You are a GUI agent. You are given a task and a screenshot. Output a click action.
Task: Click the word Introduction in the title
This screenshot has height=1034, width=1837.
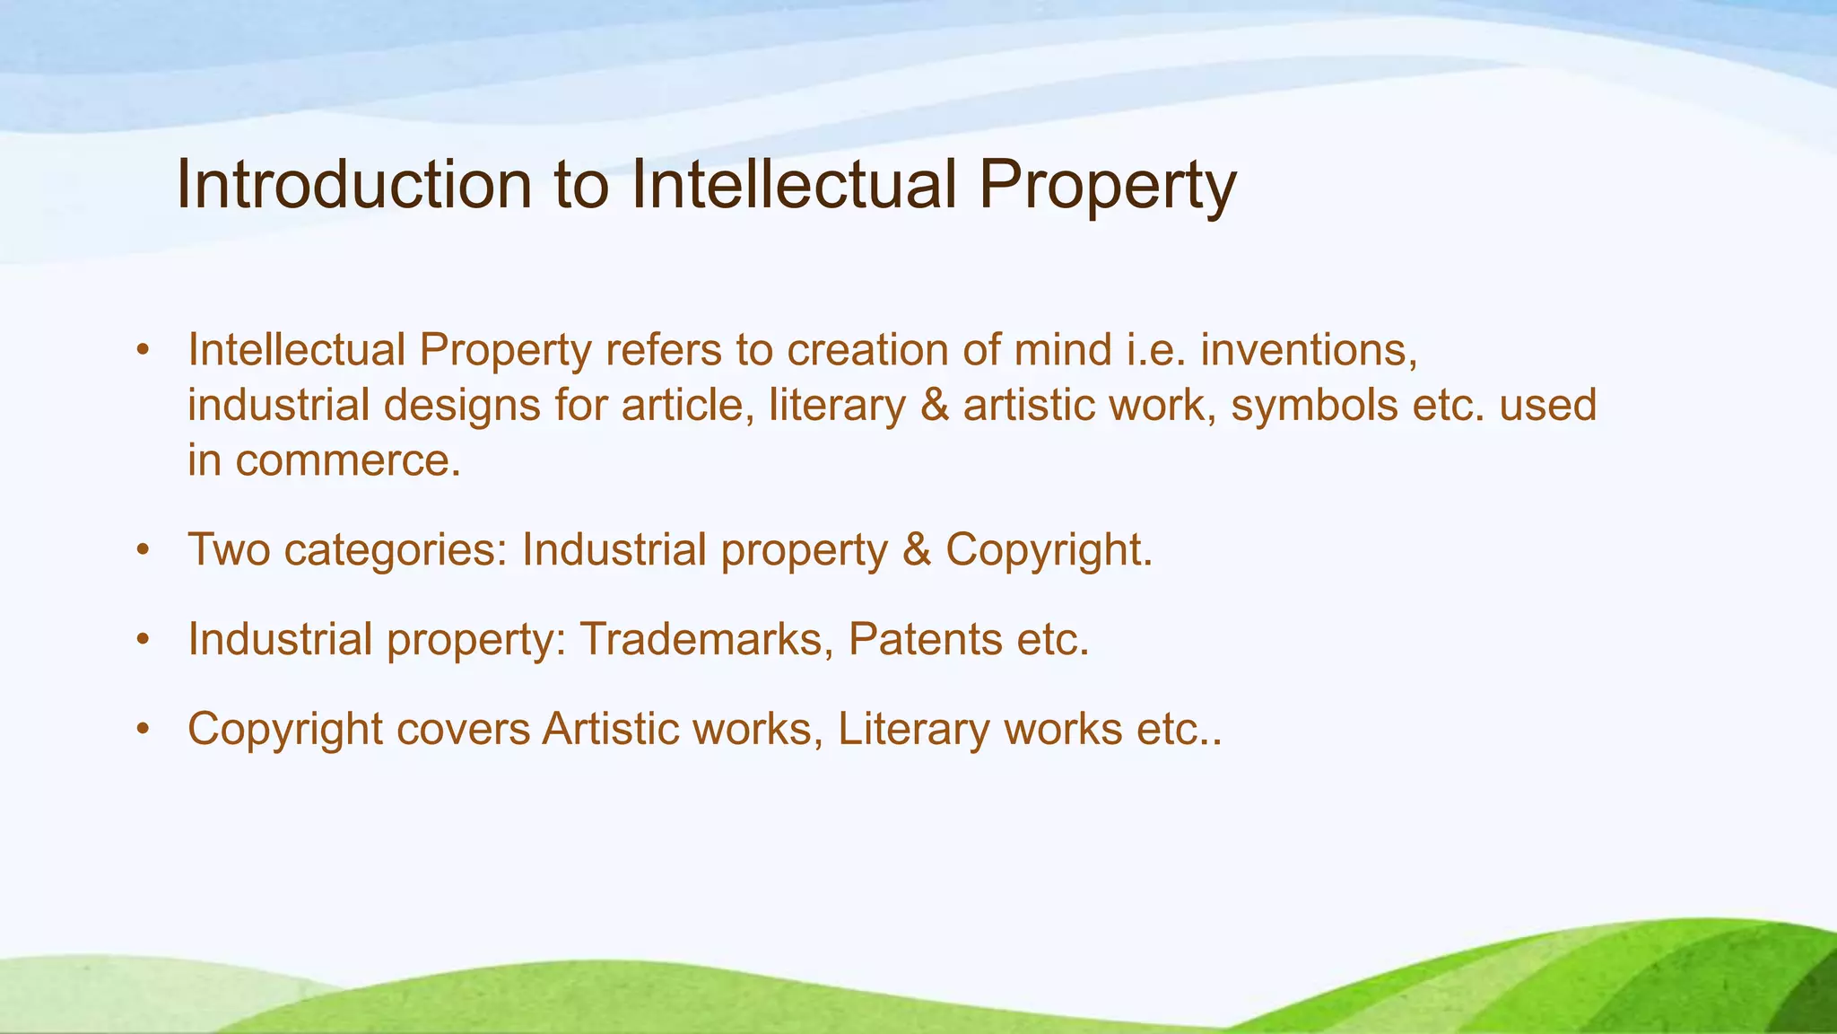(x=354, y=185)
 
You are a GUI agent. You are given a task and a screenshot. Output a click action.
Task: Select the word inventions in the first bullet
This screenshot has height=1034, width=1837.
(x=1309, y=350)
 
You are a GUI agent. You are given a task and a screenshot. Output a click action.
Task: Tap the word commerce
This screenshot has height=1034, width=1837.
(x=349, y=461)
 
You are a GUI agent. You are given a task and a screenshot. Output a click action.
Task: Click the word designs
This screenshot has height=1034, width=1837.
(x=462, y=406)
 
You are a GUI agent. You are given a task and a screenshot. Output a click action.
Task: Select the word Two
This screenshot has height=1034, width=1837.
(x=229, y=549)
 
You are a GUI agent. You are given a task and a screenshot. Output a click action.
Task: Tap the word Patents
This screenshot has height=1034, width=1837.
(x=925, y=639)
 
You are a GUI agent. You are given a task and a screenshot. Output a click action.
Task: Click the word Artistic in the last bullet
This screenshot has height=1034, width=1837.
(x=609, y=729)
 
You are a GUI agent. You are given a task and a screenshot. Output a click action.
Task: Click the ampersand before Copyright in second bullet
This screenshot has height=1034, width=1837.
(x=917, y=549)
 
